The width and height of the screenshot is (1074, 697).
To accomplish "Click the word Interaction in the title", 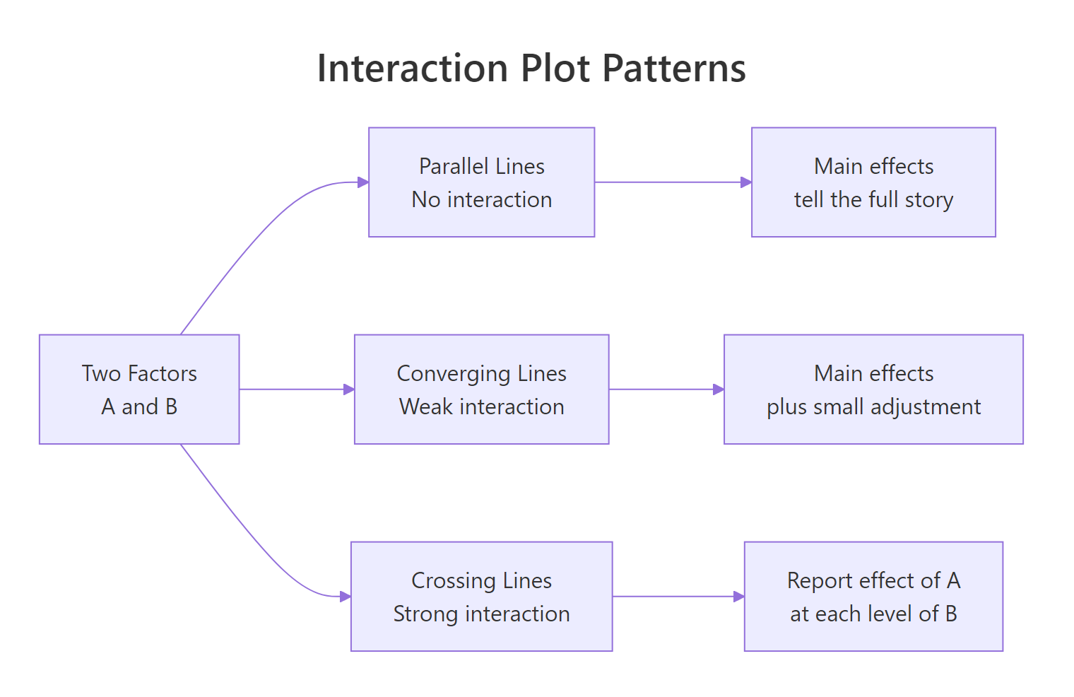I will tap(413, 69).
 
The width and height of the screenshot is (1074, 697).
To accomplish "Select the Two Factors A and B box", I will tap(139, 389).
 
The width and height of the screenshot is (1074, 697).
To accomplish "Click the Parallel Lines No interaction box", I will tap(481, 182).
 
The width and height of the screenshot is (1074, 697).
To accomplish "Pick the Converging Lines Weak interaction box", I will tap(481, 389).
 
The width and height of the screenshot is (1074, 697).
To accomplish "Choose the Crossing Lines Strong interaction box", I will tap(481, 597).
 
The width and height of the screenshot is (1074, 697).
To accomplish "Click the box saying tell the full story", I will tap(873, 182).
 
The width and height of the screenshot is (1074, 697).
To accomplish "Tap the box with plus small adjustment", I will tap(873, 389).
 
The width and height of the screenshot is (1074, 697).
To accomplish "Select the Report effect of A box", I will tap(873, 597).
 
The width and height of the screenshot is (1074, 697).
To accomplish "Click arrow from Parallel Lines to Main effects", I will tap(671, 182).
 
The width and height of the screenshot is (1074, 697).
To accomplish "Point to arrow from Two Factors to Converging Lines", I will tap(297, 389).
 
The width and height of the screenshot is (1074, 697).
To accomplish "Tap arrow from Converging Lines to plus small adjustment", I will tap(666, 389).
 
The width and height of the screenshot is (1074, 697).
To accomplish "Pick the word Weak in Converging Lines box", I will tap(426, 407).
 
